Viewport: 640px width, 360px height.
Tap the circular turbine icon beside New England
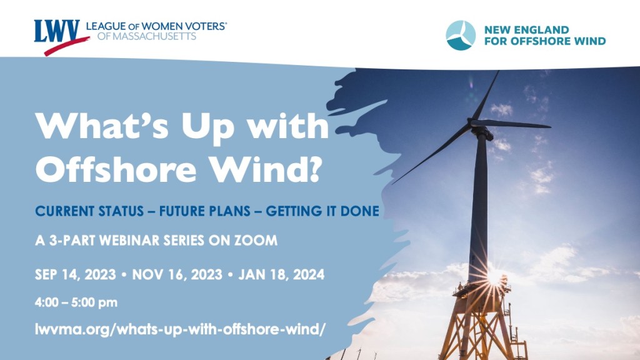[461, 36]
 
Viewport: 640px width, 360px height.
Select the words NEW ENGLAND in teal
[526, 30]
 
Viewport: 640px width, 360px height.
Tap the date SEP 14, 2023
[75, 275]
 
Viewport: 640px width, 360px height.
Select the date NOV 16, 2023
[177, 275]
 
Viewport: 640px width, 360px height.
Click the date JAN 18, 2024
[281, 275]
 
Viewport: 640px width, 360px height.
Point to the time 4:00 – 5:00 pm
[76, 302]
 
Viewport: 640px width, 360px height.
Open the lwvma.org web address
[180, 329]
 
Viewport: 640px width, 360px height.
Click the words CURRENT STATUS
[89, 211]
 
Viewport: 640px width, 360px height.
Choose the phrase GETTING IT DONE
[322, 211]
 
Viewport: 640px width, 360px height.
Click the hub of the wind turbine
[480, 130]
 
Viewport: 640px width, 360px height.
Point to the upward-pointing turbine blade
[486, 95]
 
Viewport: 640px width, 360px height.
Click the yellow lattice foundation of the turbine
[481, 322]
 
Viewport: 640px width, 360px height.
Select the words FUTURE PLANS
[205, 211]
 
